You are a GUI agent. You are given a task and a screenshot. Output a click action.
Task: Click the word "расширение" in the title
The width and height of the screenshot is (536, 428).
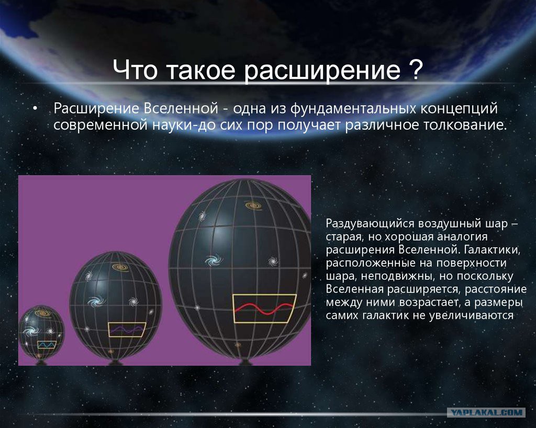point(322,71)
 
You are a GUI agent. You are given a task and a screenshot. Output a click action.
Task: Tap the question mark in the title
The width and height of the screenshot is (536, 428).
point(416,70)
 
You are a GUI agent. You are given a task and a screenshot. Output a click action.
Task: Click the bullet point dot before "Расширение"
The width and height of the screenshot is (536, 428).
point(35,109)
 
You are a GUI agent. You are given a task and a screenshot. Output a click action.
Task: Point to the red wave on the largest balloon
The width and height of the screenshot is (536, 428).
point(264,308)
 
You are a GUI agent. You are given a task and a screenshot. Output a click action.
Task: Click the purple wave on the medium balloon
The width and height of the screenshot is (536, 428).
point(127,329)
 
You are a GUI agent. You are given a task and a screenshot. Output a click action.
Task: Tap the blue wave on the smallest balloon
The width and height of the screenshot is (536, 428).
point(47,345)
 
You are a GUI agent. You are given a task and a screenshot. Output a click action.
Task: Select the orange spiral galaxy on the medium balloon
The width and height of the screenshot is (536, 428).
point(120,267)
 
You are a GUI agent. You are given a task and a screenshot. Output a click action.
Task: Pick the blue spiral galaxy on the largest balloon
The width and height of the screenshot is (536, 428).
point(214,260)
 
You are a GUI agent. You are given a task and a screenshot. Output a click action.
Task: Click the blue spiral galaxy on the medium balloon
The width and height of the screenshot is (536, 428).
point(97,302)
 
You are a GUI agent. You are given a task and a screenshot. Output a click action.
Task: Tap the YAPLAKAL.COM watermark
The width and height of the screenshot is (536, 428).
point(486,412)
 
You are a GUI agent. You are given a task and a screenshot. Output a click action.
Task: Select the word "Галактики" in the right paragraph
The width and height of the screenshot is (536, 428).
point(492,250)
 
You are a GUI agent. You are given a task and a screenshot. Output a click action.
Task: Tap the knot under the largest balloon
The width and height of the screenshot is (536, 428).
point(245,362)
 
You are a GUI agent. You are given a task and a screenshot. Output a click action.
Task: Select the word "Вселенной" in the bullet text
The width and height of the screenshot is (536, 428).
point(181,109)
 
